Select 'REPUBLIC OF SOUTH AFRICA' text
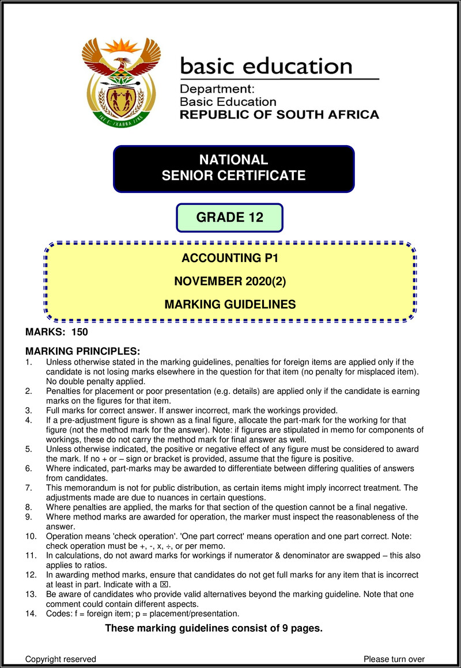[x=279, y=115]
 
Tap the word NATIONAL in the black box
[x=233, y=160]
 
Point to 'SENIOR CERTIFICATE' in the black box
[x=233, y=176]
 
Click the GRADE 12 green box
[x=229, y=218]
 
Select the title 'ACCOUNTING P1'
[x=230, y=259]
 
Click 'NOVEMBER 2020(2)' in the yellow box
[x=230, y=282]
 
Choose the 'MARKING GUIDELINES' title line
[x=230, y=304]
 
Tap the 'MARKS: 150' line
[x=56, y=332]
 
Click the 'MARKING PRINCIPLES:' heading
[x=83, y=351]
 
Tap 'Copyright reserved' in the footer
[x=61, y=659]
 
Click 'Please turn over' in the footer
[x=394, y=659]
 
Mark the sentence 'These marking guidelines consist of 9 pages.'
[x=213, y=628]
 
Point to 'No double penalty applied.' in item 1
[x=96, y=381]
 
